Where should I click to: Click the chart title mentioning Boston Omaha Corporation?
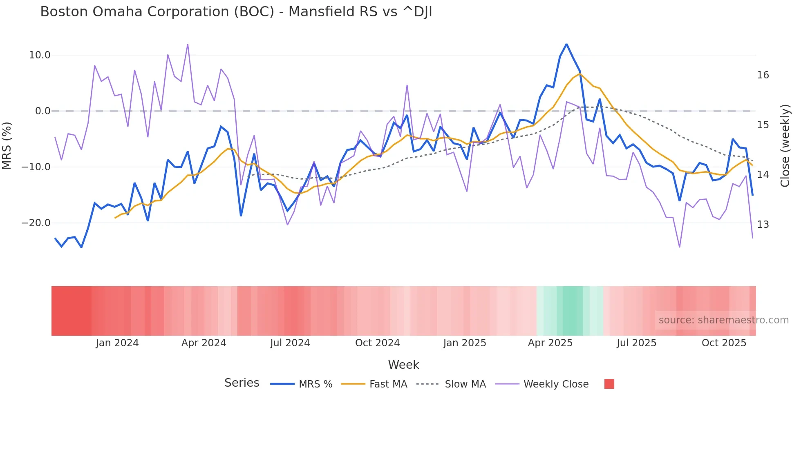236,12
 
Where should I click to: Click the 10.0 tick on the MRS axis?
40,55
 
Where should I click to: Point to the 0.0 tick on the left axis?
43,111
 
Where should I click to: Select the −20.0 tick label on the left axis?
36,223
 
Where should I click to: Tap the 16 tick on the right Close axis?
763,75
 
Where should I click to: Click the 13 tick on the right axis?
763,225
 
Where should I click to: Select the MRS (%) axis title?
7,145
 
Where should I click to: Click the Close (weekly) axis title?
785,146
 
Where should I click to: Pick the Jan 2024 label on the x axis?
117,343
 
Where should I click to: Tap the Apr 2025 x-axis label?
550,343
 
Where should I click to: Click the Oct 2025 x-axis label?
724,343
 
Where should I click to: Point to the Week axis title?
403,365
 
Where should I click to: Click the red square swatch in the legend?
609,384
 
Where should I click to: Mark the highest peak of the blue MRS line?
566,44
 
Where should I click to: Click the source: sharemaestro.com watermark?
723,320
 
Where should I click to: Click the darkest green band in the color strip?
573,311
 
